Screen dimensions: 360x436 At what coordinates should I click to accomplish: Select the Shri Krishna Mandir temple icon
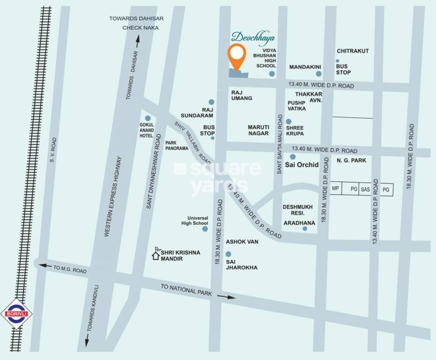[x=156, y=255]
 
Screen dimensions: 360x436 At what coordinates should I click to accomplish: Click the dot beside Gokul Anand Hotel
[x=148, y=118]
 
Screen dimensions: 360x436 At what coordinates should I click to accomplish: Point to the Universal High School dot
[x=205, y=229]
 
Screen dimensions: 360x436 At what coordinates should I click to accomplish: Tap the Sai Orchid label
[x=302, y=165]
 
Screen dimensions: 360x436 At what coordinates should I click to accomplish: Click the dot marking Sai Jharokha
[x=228, y=254]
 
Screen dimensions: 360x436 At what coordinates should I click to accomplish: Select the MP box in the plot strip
[x=335, y=189]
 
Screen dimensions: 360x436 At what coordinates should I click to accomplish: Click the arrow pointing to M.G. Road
[x=44, y=266]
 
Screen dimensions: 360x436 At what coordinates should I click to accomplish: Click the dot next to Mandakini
[x=318, y=74]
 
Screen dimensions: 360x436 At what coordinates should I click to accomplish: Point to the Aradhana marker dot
[x=305, y=229]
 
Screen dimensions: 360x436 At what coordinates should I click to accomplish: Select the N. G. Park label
[x=351, y=160]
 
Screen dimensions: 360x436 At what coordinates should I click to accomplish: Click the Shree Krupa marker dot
[x=288, y=121]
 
